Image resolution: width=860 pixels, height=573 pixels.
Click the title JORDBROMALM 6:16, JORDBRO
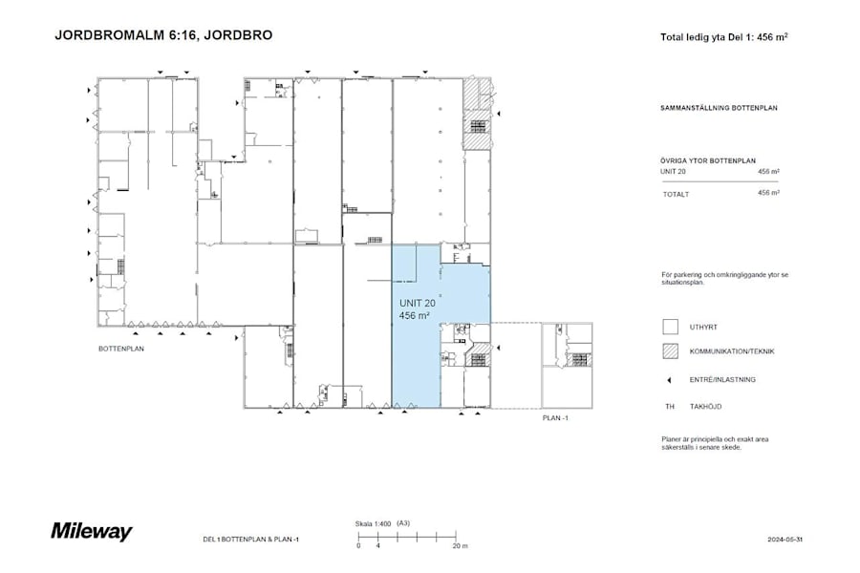163,35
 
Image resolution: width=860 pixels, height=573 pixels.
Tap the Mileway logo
92,532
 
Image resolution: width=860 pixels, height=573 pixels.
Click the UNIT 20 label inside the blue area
417,303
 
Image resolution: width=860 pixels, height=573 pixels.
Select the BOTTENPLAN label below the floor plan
120,350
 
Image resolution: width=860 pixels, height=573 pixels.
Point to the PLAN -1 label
554,417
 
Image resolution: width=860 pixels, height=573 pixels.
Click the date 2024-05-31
785,540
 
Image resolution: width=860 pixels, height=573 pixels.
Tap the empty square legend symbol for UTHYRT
670,327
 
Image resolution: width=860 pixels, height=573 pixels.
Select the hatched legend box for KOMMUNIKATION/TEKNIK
670,351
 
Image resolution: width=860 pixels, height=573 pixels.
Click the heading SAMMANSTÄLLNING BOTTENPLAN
719,109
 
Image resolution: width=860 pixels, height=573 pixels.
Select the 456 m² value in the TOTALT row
768,193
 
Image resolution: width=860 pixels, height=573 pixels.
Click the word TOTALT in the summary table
676,194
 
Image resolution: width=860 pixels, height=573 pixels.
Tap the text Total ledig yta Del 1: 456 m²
723,38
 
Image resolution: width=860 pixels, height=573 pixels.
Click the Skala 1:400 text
374,523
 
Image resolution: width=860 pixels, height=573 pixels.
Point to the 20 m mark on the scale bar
460,545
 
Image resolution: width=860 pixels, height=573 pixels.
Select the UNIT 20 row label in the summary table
673,171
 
